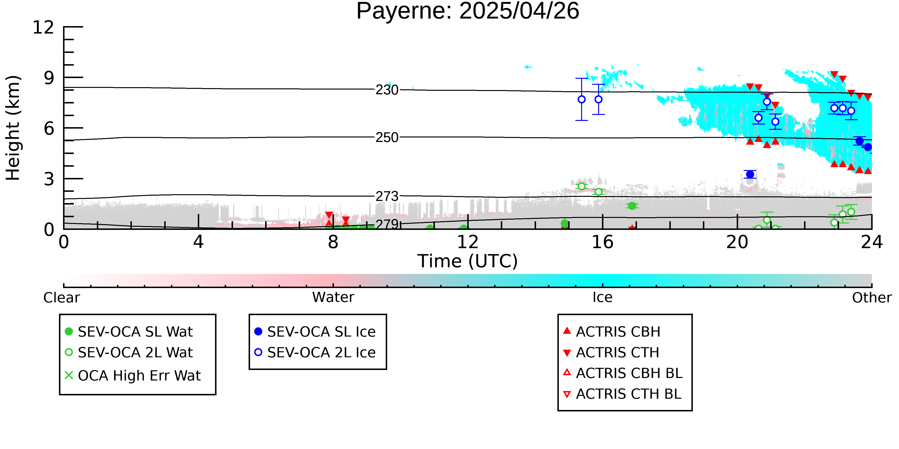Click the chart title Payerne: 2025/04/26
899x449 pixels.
coord(468,11)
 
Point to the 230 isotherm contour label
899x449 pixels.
coord(387,90)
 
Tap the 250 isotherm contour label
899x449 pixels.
coord(387,138)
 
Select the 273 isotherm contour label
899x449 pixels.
coord(387,197)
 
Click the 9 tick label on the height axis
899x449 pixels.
coord(49,78)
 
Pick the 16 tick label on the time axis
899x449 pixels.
coord(602,242)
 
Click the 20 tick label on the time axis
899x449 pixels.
coord(737,242)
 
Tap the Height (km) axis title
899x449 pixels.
coord(13,128)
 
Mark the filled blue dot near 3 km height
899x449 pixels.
coord(750,174)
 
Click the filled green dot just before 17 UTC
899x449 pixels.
coord(632,206)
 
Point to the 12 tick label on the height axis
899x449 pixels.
coord(43,27)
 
